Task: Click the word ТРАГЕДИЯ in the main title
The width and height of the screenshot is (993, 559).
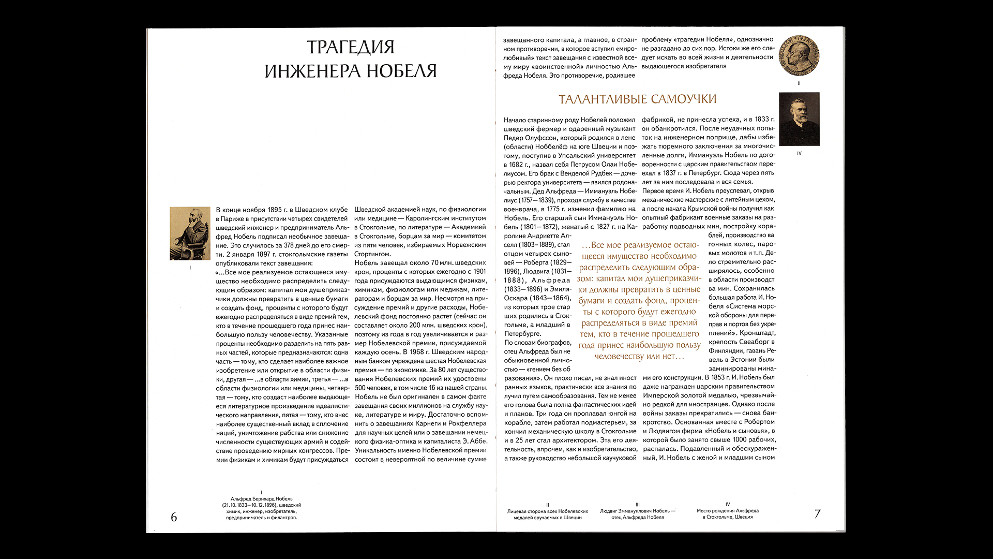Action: [x=351, y=47]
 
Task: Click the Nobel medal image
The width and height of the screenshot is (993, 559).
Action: [x=799, y=55]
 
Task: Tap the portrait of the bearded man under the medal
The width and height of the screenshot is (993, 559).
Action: [x=799, y=119]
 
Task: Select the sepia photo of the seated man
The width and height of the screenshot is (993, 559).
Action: [x=190, y=233]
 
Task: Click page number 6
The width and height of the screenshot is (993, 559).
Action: [x=174, y=517]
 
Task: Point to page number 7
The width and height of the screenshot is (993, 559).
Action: [x=817, y=514]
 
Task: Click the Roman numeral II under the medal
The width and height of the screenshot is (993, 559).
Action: [x=799, y=83]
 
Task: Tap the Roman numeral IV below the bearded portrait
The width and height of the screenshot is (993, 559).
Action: [x=799, y=154]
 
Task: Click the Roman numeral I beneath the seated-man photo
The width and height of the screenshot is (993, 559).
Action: [x=190, y=268]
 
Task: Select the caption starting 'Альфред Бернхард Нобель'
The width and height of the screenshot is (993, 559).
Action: [x=262, y=508]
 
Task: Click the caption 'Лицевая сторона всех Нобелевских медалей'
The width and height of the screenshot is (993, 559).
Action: [x=548, y=514]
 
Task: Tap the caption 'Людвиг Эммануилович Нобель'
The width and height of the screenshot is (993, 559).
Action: [x=638, y=514]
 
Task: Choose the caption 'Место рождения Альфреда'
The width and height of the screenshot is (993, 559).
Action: [x=728, y=514]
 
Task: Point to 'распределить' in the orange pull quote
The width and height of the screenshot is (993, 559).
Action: [x=608, y=268]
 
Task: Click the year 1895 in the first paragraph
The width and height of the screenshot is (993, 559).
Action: [x=275, y=210]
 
